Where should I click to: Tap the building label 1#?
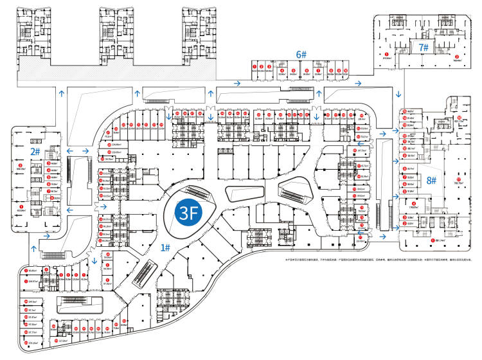coord(165,247)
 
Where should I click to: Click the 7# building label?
coord(423,47)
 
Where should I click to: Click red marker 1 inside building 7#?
coord(386,55)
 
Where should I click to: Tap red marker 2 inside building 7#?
coord(457,57)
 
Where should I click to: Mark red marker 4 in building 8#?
coord(415,204)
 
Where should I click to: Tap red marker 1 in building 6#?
coord(255,66)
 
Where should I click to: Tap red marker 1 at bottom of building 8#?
coord(431,240)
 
